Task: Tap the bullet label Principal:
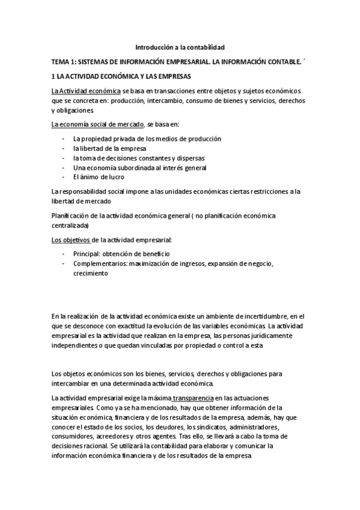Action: [90, 254]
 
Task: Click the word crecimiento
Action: [91, 274]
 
